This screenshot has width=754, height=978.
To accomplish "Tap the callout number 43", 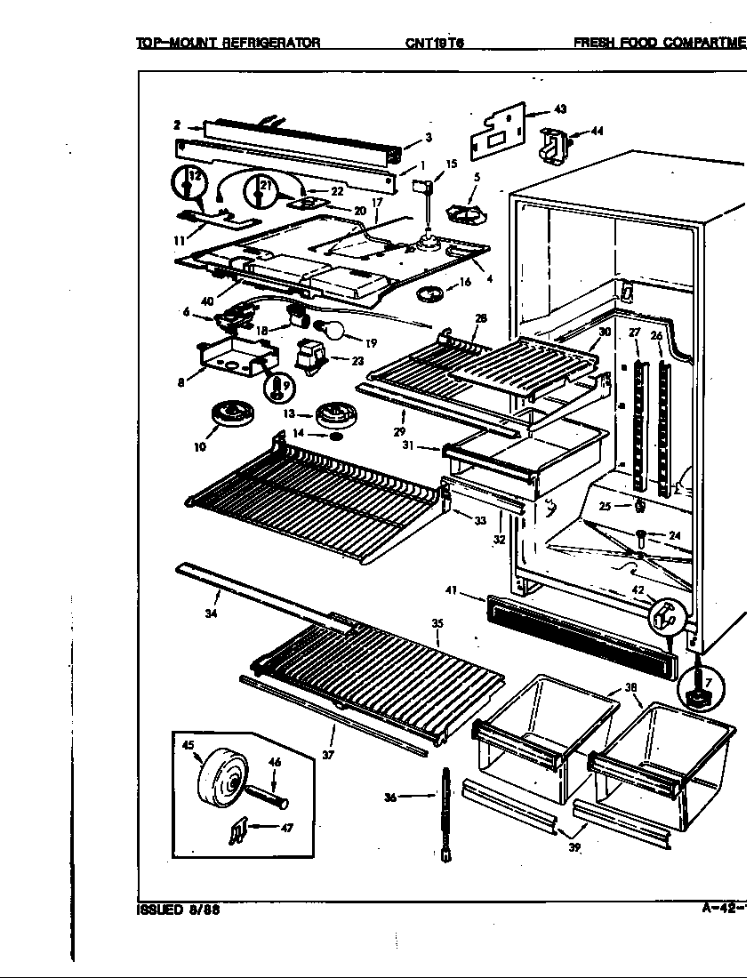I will click(x=560, y=109).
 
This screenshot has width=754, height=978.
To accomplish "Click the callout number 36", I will click(x=391, y=798).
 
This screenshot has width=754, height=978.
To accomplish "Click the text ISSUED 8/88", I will click(x=178, y=910).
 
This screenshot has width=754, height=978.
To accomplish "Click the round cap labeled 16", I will click(x=433, y=293).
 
